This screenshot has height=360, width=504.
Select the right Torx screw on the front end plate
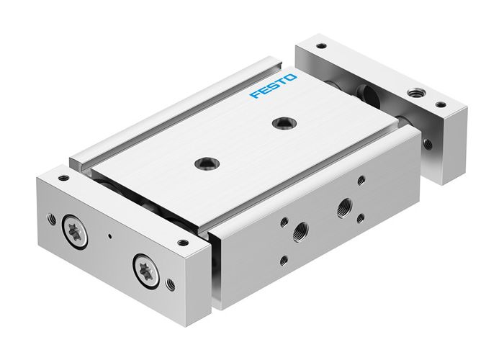point(143,270)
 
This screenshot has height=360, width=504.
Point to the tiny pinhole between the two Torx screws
point(109,237)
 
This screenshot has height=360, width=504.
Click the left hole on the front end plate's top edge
point(64,177)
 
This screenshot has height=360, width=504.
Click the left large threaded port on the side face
point(297,232)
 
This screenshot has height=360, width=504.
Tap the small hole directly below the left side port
point(285,261)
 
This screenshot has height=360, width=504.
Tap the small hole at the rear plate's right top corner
point(440,105)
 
